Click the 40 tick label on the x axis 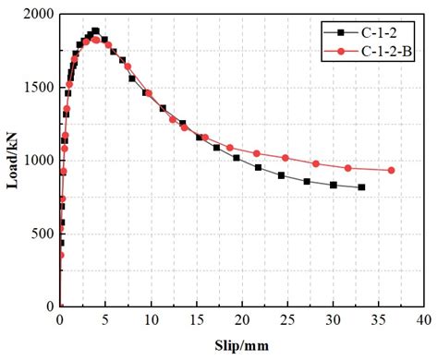pos(422,320)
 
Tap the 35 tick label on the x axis pos(377,320)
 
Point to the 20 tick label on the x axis pos(241,320)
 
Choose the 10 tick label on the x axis pos(151,320)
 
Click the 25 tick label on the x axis pos(286,320)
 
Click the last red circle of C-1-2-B pos(391,170)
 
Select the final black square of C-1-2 pos(360,187)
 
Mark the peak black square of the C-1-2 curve pos(95,30)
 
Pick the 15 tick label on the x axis pos(196,320)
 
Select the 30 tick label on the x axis pos(332,320)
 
